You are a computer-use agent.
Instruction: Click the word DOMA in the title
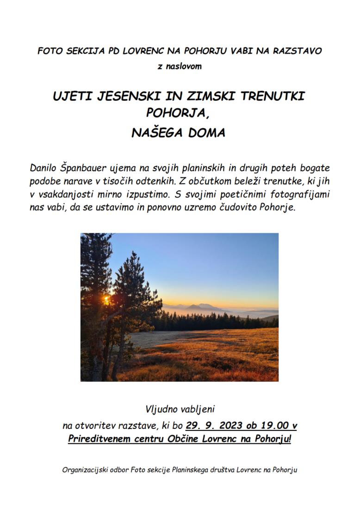tap(207, 133)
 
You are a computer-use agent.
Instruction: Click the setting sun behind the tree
tap(107, 299)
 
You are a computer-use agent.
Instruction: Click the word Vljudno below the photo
tap(161, 409)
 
